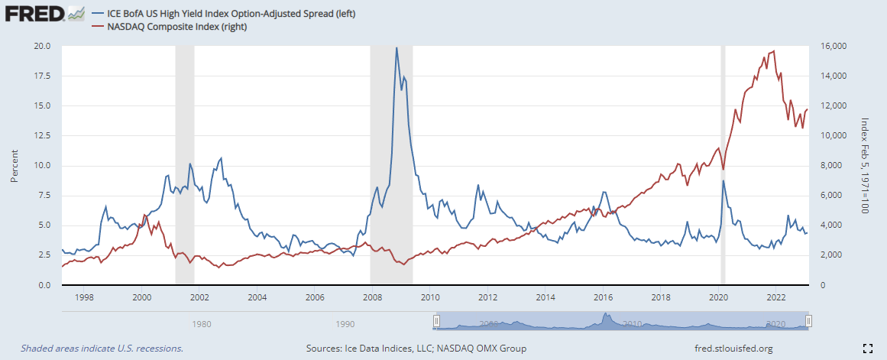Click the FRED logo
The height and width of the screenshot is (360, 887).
34,14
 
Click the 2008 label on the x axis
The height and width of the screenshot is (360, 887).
372,297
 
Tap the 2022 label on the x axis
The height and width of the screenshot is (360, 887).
776,297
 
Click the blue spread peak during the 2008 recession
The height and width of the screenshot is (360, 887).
396,48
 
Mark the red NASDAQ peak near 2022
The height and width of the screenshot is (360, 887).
774,51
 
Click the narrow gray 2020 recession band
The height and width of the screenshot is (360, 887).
723,164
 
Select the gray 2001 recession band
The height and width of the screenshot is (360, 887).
184,164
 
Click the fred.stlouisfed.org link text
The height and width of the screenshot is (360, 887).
731,349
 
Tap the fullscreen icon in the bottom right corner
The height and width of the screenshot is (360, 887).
867,349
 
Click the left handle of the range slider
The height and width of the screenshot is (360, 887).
436,322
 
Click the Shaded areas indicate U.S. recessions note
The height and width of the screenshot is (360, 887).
102,349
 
